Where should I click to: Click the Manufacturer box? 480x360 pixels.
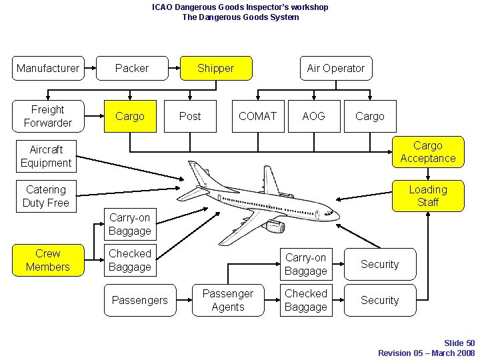click(48, 68)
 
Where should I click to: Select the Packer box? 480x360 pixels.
click(132, 68)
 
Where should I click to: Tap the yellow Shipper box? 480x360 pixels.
click(216, 68)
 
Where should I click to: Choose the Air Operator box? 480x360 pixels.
click(335, 68)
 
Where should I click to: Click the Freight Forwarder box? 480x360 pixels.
click(48, 116)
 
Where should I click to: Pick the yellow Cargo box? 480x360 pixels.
click(130, 116)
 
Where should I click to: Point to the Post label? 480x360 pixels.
click(190, 116)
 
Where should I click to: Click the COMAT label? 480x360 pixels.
click(257, 116)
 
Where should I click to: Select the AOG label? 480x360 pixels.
click(313, 116)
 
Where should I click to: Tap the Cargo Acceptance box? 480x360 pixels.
click(427, 152)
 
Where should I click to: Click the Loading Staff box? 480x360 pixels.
click(427, 196)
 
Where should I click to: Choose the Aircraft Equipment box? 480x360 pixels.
click(46, 156)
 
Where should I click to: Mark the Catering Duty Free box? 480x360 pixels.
click(46, 196)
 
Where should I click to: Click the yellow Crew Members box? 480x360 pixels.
click(48, 260)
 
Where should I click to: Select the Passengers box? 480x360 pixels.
click(140, 300)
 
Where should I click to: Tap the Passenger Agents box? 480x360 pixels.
click(228, 300)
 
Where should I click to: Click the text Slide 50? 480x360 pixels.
click(459, 343)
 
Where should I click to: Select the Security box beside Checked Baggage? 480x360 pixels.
click(380, 300)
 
